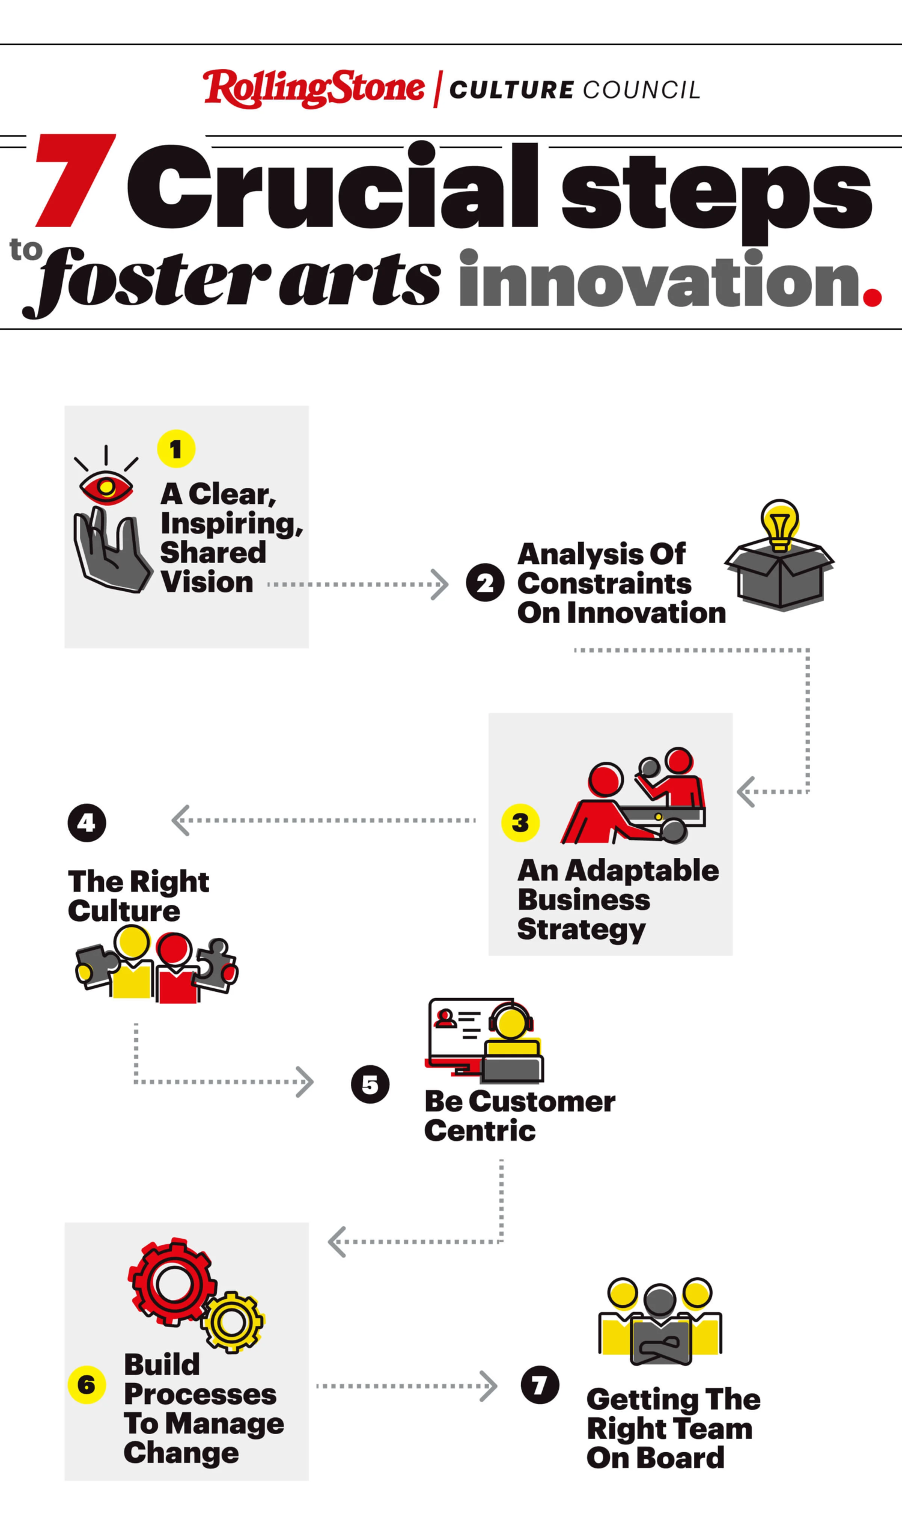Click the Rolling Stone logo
[314, 88]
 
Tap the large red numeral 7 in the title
[76, 180]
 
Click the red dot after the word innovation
[872, 297]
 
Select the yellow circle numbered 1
[175, 449]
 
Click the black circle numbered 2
[485, 582]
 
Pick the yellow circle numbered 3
[520, 822]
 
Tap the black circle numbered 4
[87, 822]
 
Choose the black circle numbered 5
[370, 1084]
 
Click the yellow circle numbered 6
[87, 1384]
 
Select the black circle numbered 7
[540, 1384]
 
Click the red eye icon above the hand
[106, 488]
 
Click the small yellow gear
[233, 1322]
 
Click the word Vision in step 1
[207, 582]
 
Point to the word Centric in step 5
[480, 1130]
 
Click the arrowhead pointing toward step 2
[439, 585]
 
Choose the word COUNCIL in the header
[641, 90]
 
